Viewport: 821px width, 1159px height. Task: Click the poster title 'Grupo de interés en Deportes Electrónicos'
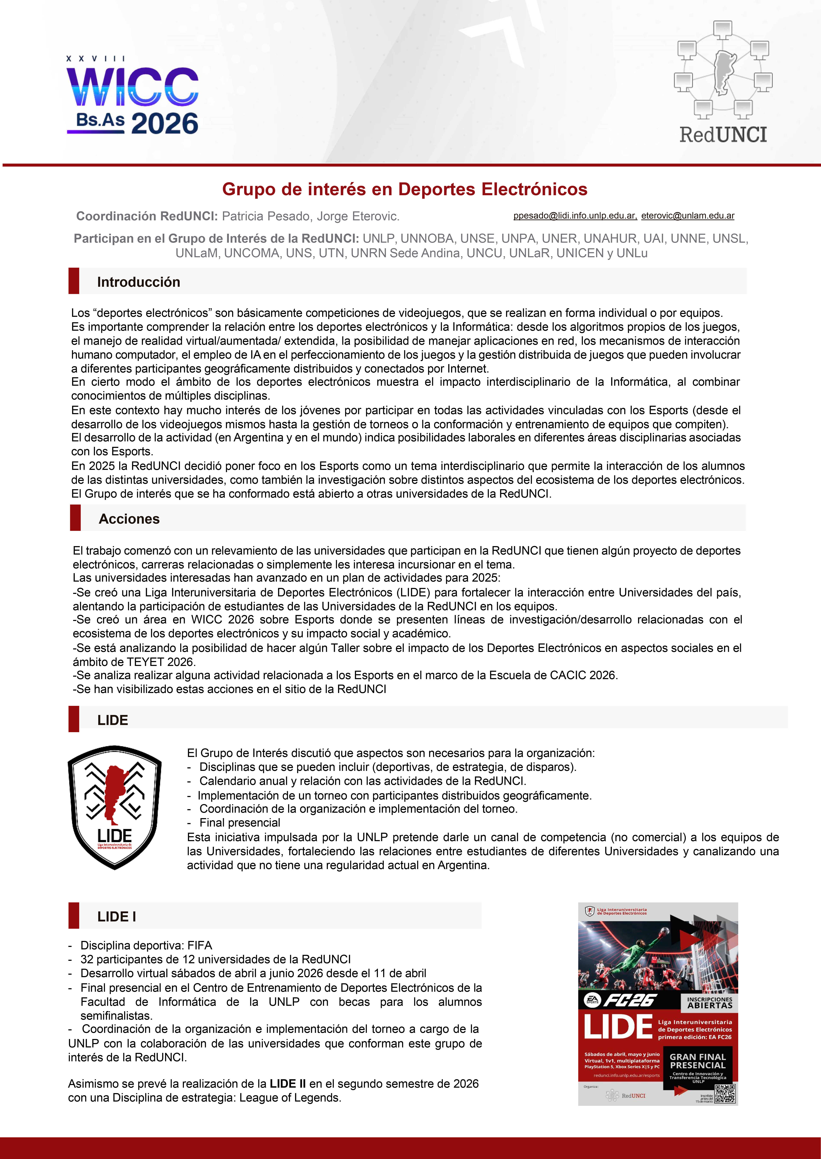404,189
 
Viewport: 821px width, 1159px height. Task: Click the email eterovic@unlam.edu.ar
688,216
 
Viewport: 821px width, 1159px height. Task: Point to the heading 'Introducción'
139,282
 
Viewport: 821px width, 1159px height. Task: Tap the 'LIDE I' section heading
116,916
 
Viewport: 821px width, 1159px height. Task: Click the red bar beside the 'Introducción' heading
74,281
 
